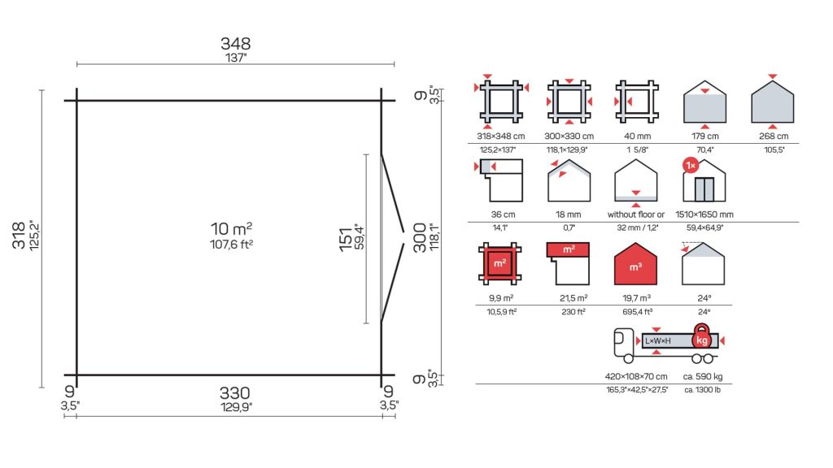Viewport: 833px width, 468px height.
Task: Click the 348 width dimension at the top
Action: click(x=235, y=44)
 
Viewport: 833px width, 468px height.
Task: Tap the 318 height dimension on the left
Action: click(x=19, y=235)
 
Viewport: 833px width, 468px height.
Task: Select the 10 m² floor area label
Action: click(x=231, y=228)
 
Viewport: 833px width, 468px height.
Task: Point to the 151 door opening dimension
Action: click(x=346, y=239)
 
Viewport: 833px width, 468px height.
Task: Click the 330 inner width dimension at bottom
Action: click(x=235, y=393)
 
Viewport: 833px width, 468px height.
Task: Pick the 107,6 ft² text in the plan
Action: click(x=231, y=245)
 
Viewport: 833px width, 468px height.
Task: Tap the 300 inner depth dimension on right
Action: click(x=420, y=237)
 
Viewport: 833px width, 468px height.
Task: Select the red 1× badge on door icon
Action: click(x=691, y=166)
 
